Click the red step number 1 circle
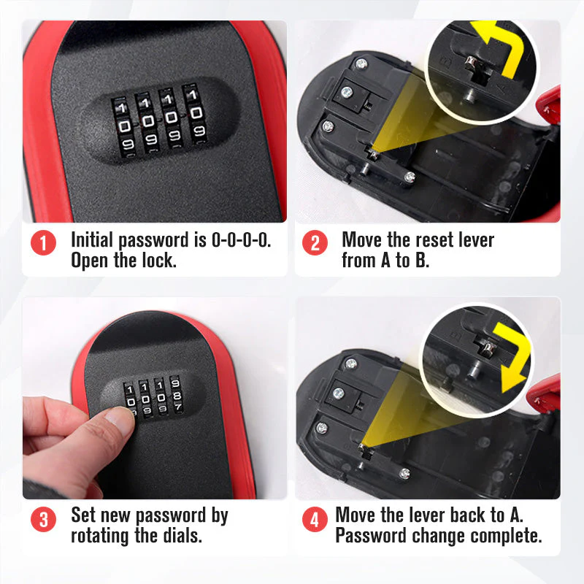click(43, 243)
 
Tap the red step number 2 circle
click(315, 243)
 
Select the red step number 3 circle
click(43, 519)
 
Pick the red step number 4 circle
click(315, 519)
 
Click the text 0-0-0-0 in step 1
click(242, 240)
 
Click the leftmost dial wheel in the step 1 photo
click(123, 127)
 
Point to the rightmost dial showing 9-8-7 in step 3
click(176, 394)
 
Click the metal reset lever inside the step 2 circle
click(474, 64)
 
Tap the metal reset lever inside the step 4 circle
click(487, 347)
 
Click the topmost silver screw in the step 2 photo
click(361, 64)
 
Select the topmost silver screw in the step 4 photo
click(350, 364)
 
